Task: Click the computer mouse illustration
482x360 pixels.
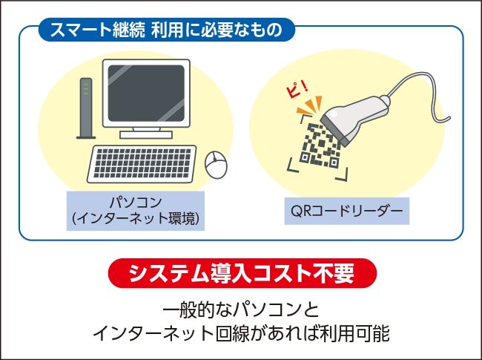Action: (216, 164)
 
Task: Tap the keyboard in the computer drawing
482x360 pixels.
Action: (142, 164)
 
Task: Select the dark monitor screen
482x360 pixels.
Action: (146, 94)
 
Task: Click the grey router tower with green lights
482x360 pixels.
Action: (86, 108)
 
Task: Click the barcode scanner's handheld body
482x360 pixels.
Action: (354, 118)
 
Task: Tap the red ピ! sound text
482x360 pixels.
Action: (297, 90)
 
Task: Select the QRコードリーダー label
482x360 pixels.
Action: (347, 211)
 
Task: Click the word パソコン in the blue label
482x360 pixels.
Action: (136, 203)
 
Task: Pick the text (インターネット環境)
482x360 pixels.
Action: (136, 219)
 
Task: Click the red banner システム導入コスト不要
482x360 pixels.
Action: (242, 273)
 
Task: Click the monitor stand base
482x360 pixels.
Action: (146, 135)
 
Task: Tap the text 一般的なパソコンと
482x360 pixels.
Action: (241, 310)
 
